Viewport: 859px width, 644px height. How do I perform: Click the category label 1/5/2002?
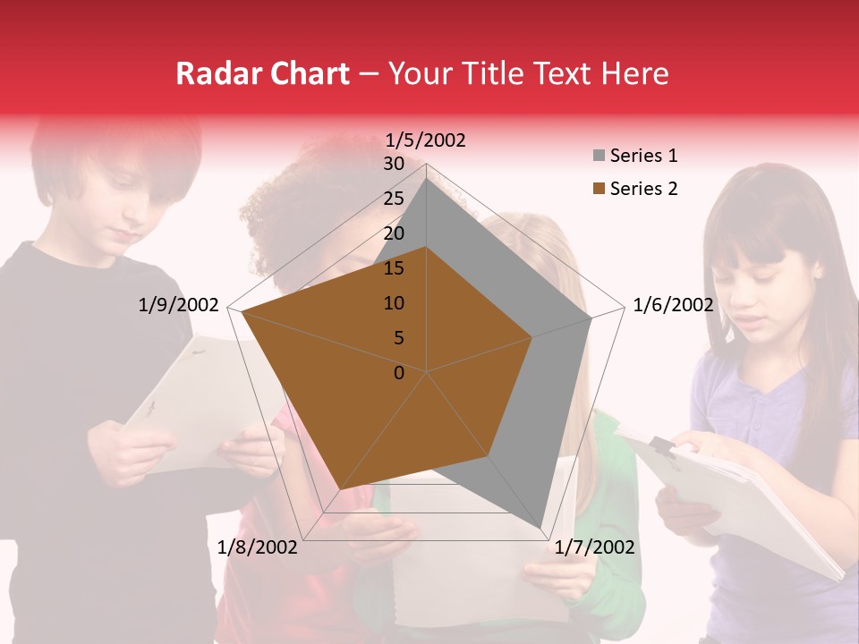point(426,140)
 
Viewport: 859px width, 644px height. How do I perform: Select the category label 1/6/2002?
point(673,305)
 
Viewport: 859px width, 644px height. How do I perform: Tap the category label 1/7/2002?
point(594,547)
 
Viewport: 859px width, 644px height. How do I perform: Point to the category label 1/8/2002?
point(258,547)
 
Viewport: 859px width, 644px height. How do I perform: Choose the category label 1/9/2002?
point(179,305)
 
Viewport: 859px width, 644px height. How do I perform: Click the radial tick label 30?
point(394,164)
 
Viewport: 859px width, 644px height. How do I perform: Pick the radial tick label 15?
point(394,268)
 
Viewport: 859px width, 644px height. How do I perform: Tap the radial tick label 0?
point(399,373)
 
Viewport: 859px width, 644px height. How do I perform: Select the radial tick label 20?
point(394,233)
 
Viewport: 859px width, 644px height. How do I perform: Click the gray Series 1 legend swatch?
point(599,157)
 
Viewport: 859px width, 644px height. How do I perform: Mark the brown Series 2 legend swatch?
point(599,189)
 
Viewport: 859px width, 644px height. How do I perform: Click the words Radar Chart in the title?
point(262,74)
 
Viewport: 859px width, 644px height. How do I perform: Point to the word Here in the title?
point(634,74)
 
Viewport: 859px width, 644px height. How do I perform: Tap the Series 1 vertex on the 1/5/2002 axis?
point(427,177)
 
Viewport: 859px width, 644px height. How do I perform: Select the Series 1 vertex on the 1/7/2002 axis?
point(540,529)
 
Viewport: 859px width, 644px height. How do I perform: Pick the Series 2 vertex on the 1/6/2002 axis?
point(532,337)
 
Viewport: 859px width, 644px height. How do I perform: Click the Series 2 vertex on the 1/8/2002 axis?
point(341,489)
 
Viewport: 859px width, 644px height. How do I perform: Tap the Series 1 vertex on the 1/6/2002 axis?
point(591,318)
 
